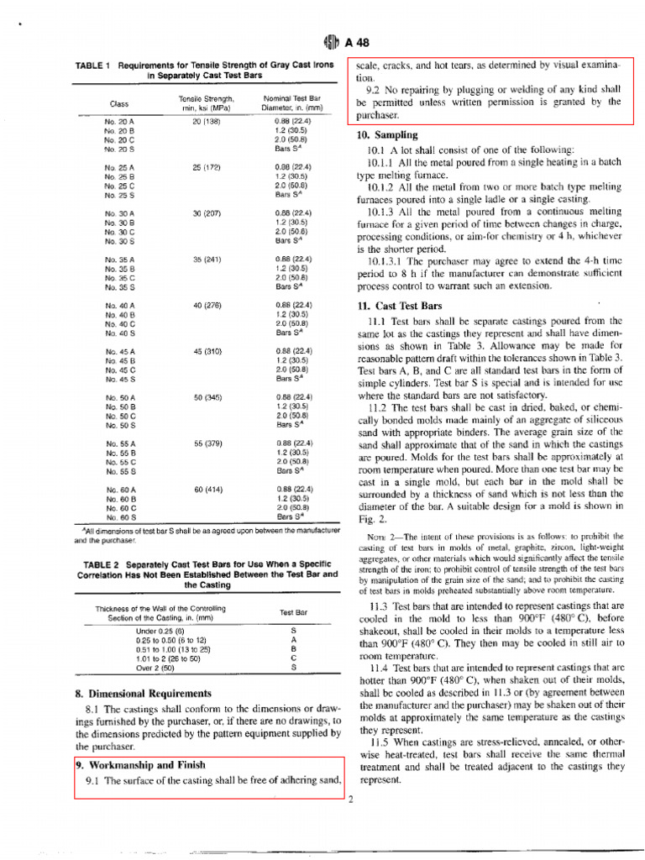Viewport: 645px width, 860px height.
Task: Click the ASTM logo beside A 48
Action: coord(328,45)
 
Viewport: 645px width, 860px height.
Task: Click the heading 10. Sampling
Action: coord(387,134)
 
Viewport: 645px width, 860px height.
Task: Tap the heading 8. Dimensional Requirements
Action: coord(144,694)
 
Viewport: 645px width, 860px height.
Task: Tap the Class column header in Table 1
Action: coord(119,103)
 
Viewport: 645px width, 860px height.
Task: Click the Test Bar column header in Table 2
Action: coord(294,613)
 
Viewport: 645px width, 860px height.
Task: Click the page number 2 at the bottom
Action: coord(350,799)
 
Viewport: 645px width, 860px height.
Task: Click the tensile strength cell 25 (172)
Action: coord(206,167)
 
